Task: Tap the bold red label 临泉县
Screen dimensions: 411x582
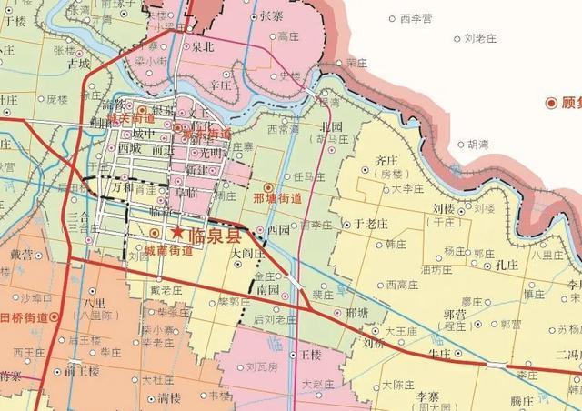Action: click(x=208, y=235)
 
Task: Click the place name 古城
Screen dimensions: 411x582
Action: click(x=79, y=65)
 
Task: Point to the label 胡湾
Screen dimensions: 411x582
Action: click(x=478, y=145)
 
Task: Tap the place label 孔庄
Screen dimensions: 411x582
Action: click(x=506, y=265)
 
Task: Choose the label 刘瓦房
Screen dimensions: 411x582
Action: click(x=261, y=367)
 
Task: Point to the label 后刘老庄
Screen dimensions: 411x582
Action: click(x=275, y=319)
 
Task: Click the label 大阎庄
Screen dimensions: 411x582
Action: click(x=247, y=254)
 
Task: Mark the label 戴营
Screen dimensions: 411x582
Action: click(x=20, y=255)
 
